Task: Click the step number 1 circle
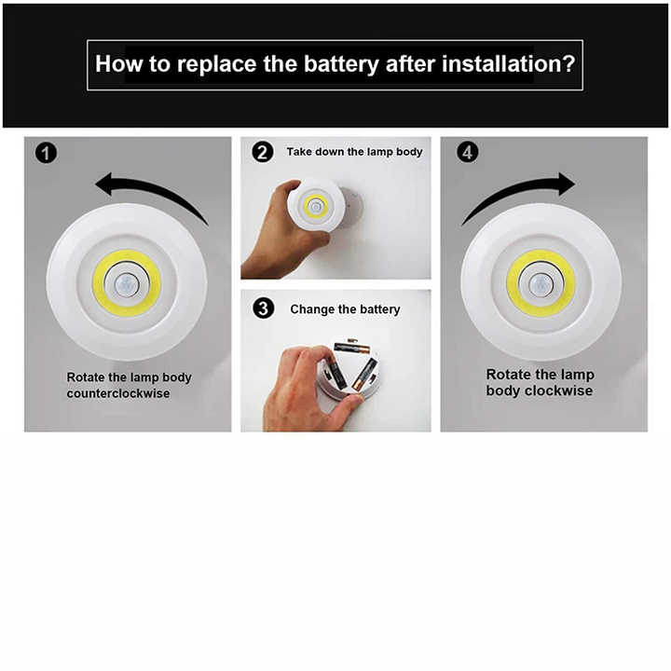tap(47, 153)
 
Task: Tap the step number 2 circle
tap(262, 152)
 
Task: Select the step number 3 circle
tap(263, 308)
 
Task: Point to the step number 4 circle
tap(468, 152)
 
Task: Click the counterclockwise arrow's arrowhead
tap(103, 184)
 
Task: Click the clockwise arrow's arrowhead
tap(567, 184)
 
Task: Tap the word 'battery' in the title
tap(341, 64)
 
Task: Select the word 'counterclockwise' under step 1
tap(118, 393)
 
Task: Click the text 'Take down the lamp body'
tap(354, 152)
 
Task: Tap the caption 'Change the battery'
tap(345, 309)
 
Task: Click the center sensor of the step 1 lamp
tap(127, 283)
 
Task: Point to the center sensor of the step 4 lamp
tap(541, 283)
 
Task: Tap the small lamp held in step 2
tap(316, 204)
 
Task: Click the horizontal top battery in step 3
tap(351, 346)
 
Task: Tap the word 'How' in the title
tap(119, 63)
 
